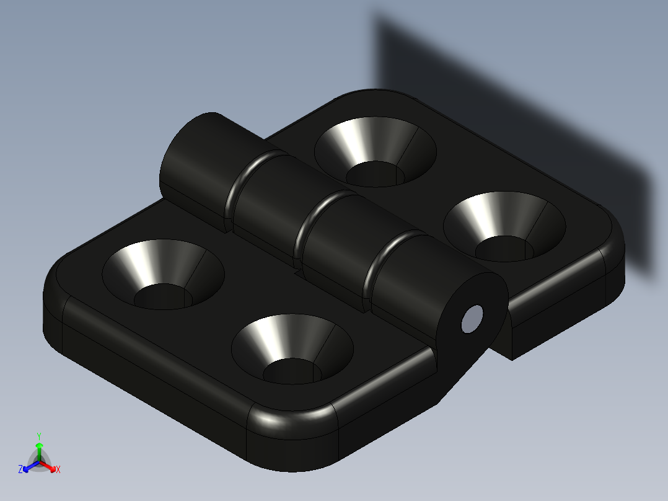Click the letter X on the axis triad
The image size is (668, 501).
(x=58, y=470)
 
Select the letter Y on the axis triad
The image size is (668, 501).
(x=38, y=436)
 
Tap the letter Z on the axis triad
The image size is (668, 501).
(x=20, y=470)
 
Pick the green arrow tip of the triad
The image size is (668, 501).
(x=39, y=445)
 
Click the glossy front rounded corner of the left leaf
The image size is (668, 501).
(x=291, y=428)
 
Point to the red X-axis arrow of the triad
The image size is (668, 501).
(x=50, y=466)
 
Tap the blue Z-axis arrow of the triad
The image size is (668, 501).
(x=28, y=466)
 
